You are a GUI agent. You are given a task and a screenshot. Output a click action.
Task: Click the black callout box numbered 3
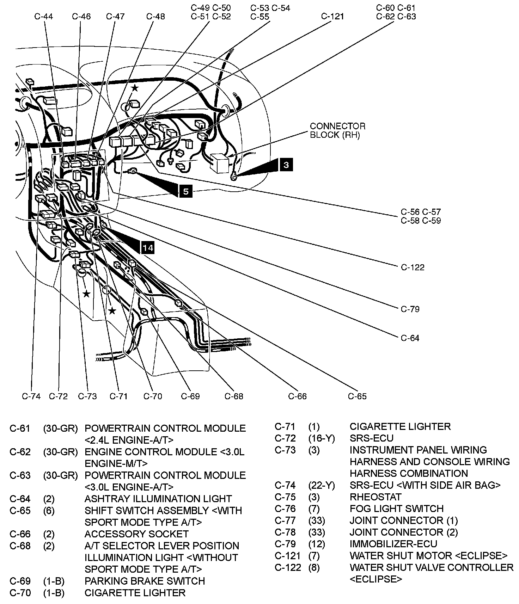click(286, 165)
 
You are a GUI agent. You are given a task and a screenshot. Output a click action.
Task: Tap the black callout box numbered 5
click(186, 191)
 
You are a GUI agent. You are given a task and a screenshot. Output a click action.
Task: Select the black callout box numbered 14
click(148, 248)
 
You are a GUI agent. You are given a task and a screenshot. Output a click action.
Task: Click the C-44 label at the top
click(44, 17)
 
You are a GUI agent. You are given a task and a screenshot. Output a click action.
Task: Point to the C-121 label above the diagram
click(332, 17)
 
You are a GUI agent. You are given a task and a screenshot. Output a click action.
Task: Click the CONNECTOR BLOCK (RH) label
click(337, 130)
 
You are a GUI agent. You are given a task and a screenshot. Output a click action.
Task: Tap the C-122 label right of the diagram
click(413, 267)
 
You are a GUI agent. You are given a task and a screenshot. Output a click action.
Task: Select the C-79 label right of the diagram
click(410, 309)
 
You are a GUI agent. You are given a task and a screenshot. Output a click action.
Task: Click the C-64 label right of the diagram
click(410, 338)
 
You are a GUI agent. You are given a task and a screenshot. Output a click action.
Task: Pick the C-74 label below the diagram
click(31, 396)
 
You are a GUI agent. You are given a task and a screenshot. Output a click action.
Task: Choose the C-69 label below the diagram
click(190, 396)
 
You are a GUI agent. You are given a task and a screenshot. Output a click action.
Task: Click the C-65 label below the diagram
click(357, 396)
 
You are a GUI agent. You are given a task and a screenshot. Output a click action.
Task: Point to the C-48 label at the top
click(155, 17)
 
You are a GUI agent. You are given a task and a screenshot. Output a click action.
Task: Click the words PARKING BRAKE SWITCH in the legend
click(145, 581)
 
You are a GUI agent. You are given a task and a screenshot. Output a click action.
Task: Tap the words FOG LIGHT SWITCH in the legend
click(396, 509)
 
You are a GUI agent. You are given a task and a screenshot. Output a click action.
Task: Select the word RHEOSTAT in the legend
click(375, 497)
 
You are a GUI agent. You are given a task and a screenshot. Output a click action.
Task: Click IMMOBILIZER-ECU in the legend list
click(393, 544)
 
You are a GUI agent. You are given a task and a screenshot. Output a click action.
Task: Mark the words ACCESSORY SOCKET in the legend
click(136, 534)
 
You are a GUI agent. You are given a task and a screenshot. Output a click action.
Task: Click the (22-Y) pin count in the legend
click(321, 485)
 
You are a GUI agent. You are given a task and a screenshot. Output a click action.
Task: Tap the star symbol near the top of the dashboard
click(135, 88)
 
